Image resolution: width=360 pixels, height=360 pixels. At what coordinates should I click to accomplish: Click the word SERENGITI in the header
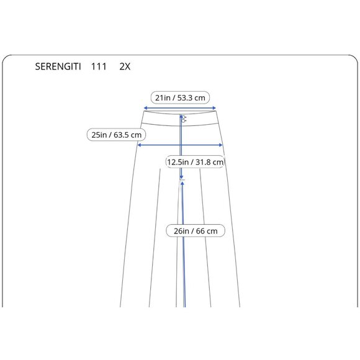click(58, 66)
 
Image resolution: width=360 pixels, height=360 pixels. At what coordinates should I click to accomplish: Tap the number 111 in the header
click(99, 66)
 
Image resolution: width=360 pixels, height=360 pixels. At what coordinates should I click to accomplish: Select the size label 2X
click(125, 66)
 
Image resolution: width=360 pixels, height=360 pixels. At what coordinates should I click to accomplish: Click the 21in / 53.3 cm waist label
click(180, 98)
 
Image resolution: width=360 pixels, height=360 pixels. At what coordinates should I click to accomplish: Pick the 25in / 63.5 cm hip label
click(117, 135)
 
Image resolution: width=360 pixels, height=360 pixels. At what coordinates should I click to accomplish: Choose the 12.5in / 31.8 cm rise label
click(195, 162)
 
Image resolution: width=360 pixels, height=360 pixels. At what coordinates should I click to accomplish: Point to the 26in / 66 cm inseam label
click(196, 231)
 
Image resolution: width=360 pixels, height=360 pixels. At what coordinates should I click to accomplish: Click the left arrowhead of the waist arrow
click(145, 108)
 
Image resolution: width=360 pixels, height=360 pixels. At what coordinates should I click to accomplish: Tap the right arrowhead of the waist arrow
click(214, 108)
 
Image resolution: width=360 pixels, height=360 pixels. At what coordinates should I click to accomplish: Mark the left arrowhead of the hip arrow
click(139, 145)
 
